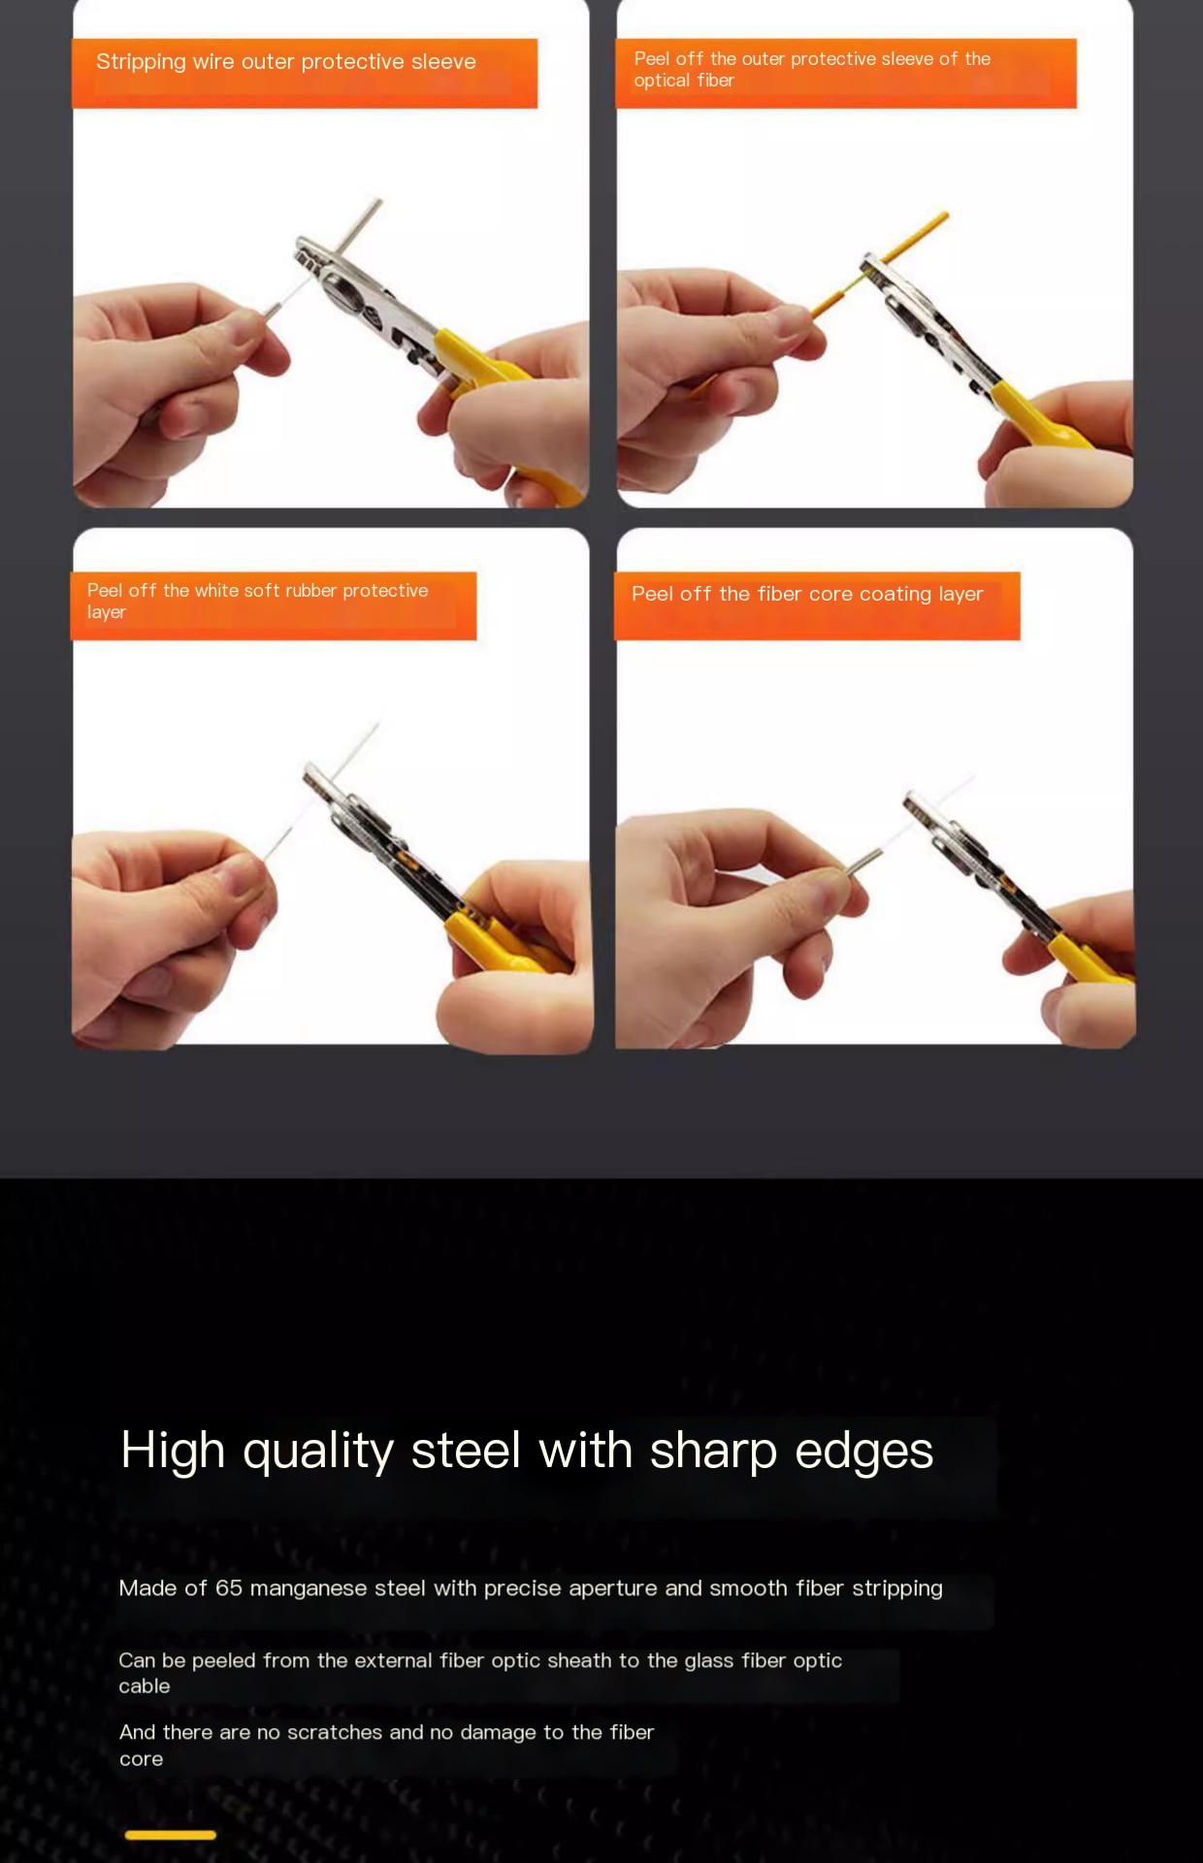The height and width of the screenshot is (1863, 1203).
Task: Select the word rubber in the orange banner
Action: click(x=310, y=591)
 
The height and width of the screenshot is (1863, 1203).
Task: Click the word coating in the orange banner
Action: click(x=894, y=594)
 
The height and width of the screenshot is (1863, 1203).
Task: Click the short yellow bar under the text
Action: click(x=171, y=1835)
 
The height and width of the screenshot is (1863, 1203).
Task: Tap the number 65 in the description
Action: click(x=229, y=1588)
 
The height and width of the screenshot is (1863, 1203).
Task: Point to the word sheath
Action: click(x=579, y=1661)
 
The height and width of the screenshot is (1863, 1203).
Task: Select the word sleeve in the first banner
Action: click(x=443, y=62)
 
